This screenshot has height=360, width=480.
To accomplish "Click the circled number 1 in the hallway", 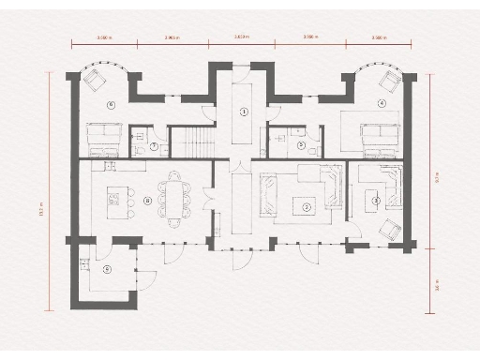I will [x=244, y=112].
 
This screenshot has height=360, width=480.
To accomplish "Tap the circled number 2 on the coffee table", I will [x=307, y=205].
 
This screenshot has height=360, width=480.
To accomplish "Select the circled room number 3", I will [x=375, y=200].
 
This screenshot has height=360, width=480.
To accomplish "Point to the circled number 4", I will [x=382, y=103].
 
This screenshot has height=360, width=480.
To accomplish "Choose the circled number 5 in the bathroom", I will [x=301, y=145].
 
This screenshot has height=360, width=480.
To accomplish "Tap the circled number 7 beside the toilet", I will [x=153, y=145].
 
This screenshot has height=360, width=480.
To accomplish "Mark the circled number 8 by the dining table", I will [x=147, y=200].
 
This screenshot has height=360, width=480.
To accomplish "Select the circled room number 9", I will [x=106, y=269].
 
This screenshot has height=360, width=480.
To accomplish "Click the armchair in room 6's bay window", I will [x=96, y=79].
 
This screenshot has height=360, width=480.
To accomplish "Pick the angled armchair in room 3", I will [x=391, y=228].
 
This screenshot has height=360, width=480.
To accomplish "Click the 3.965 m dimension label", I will [x=172, y=37].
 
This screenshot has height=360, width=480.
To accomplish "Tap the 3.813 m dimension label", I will [x=241, y=37].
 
